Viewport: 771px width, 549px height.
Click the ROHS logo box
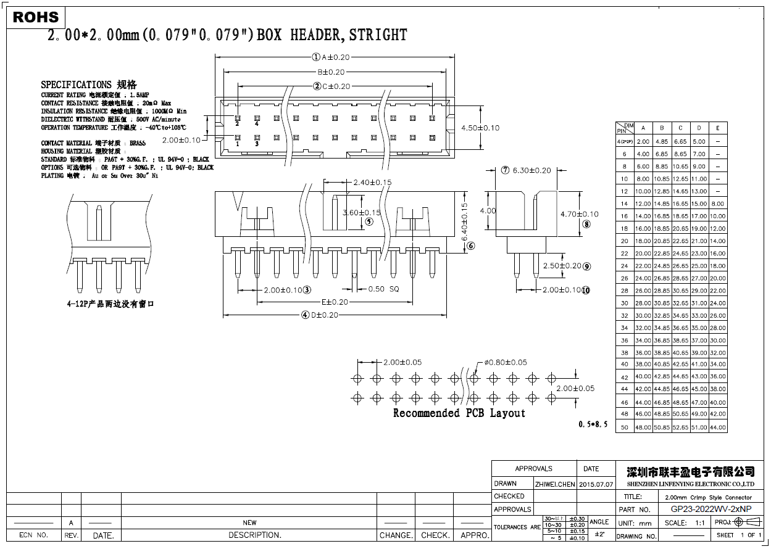[x=36, y=17]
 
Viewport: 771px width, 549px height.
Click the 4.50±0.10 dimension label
[x=480, y=128]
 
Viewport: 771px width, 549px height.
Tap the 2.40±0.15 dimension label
[x=372, y=183]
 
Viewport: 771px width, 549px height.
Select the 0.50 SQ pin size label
[x=384, y=289]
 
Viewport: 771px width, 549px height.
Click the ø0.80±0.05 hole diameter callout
[x=506, y=362]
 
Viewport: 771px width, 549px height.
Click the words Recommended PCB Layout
[x=459, y=413]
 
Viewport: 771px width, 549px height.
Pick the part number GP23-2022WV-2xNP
[x=711, y=510]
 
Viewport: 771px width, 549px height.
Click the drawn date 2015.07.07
[x=596, y=484]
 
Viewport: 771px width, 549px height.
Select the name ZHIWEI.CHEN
[x=555, y=484]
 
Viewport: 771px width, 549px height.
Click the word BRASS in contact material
[x=138, y=143]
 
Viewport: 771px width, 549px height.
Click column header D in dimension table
[x=699, y=128]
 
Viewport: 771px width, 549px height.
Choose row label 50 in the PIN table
[x=625, y=427]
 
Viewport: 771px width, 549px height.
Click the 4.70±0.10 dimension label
[x=579, y=214]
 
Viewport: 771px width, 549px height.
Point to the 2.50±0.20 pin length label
[x=562, y=266]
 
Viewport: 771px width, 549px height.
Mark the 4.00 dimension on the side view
[x=488, y=210]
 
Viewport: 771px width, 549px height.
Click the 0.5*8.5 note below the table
[x=593, y=424]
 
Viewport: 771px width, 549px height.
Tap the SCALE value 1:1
[x=700, y=523]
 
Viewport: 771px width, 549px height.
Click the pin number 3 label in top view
[x=257, y=144]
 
